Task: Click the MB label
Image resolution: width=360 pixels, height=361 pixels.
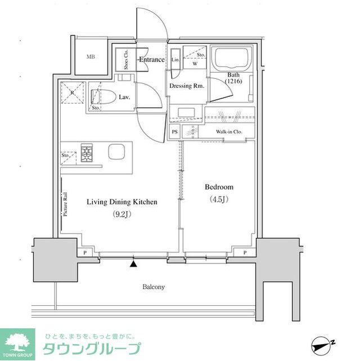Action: click(91, 56)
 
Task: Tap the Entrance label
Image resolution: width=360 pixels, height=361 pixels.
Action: click(152, 60)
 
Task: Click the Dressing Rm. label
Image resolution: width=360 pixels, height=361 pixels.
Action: click(187, 86)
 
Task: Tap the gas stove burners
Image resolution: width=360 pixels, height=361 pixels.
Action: click(87, 153)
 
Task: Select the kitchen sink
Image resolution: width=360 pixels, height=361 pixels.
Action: click(118, 153)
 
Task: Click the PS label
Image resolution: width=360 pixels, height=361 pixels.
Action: click(175, 132)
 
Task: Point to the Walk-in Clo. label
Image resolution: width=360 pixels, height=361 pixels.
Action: click(229, 132)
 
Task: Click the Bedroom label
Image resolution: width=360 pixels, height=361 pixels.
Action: click(218, 187)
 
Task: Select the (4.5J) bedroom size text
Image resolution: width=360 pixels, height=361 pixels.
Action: click(218, 199)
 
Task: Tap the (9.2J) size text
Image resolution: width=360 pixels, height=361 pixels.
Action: click(121, 213)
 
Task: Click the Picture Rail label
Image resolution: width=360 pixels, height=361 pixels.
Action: click(66, 203)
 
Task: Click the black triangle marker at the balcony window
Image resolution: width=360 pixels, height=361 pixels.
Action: click(133, 262)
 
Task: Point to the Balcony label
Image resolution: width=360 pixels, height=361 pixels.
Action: click(153, 287)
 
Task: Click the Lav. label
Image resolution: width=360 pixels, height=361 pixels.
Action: click(124, 97)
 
